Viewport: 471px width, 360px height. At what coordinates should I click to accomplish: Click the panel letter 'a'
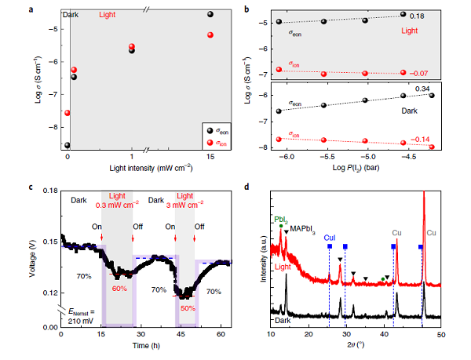tap(30, 9)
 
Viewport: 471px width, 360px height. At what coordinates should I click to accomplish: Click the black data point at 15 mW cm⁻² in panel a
tap(210, 14)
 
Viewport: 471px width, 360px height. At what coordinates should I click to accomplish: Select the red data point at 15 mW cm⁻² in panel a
tap(210, 35)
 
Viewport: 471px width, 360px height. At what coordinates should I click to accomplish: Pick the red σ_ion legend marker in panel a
tap(207, 142)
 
